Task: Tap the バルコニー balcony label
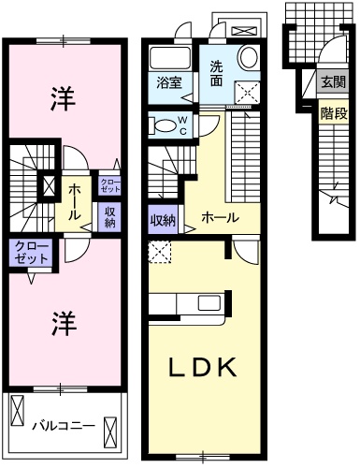63,425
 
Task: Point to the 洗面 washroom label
217,73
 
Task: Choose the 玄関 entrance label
333,82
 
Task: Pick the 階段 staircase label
333,113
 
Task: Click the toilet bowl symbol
163,124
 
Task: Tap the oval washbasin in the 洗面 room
249,58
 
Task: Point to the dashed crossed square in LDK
159,251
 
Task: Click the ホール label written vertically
73,198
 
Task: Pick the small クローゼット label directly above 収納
109,185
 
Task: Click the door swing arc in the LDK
246,251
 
